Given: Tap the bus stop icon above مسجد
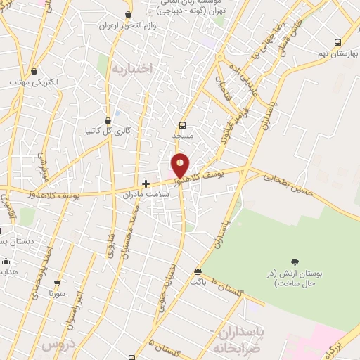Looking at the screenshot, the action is [183, 124].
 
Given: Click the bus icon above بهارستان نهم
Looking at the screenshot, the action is [337, 42].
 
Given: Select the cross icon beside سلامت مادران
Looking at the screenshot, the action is [146, 184].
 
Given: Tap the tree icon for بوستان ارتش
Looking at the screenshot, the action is [294, 262].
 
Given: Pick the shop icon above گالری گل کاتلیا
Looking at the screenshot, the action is [108, 120].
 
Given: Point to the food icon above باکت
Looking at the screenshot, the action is [198, 271].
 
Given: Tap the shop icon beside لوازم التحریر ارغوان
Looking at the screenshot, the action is [129, 15].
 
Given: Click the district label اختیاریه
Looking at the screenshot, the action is [131, 69].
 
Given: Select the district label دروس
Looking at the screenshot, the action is [57, 345].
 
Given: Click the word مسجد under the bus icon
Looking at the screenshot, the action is [182, 134].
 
